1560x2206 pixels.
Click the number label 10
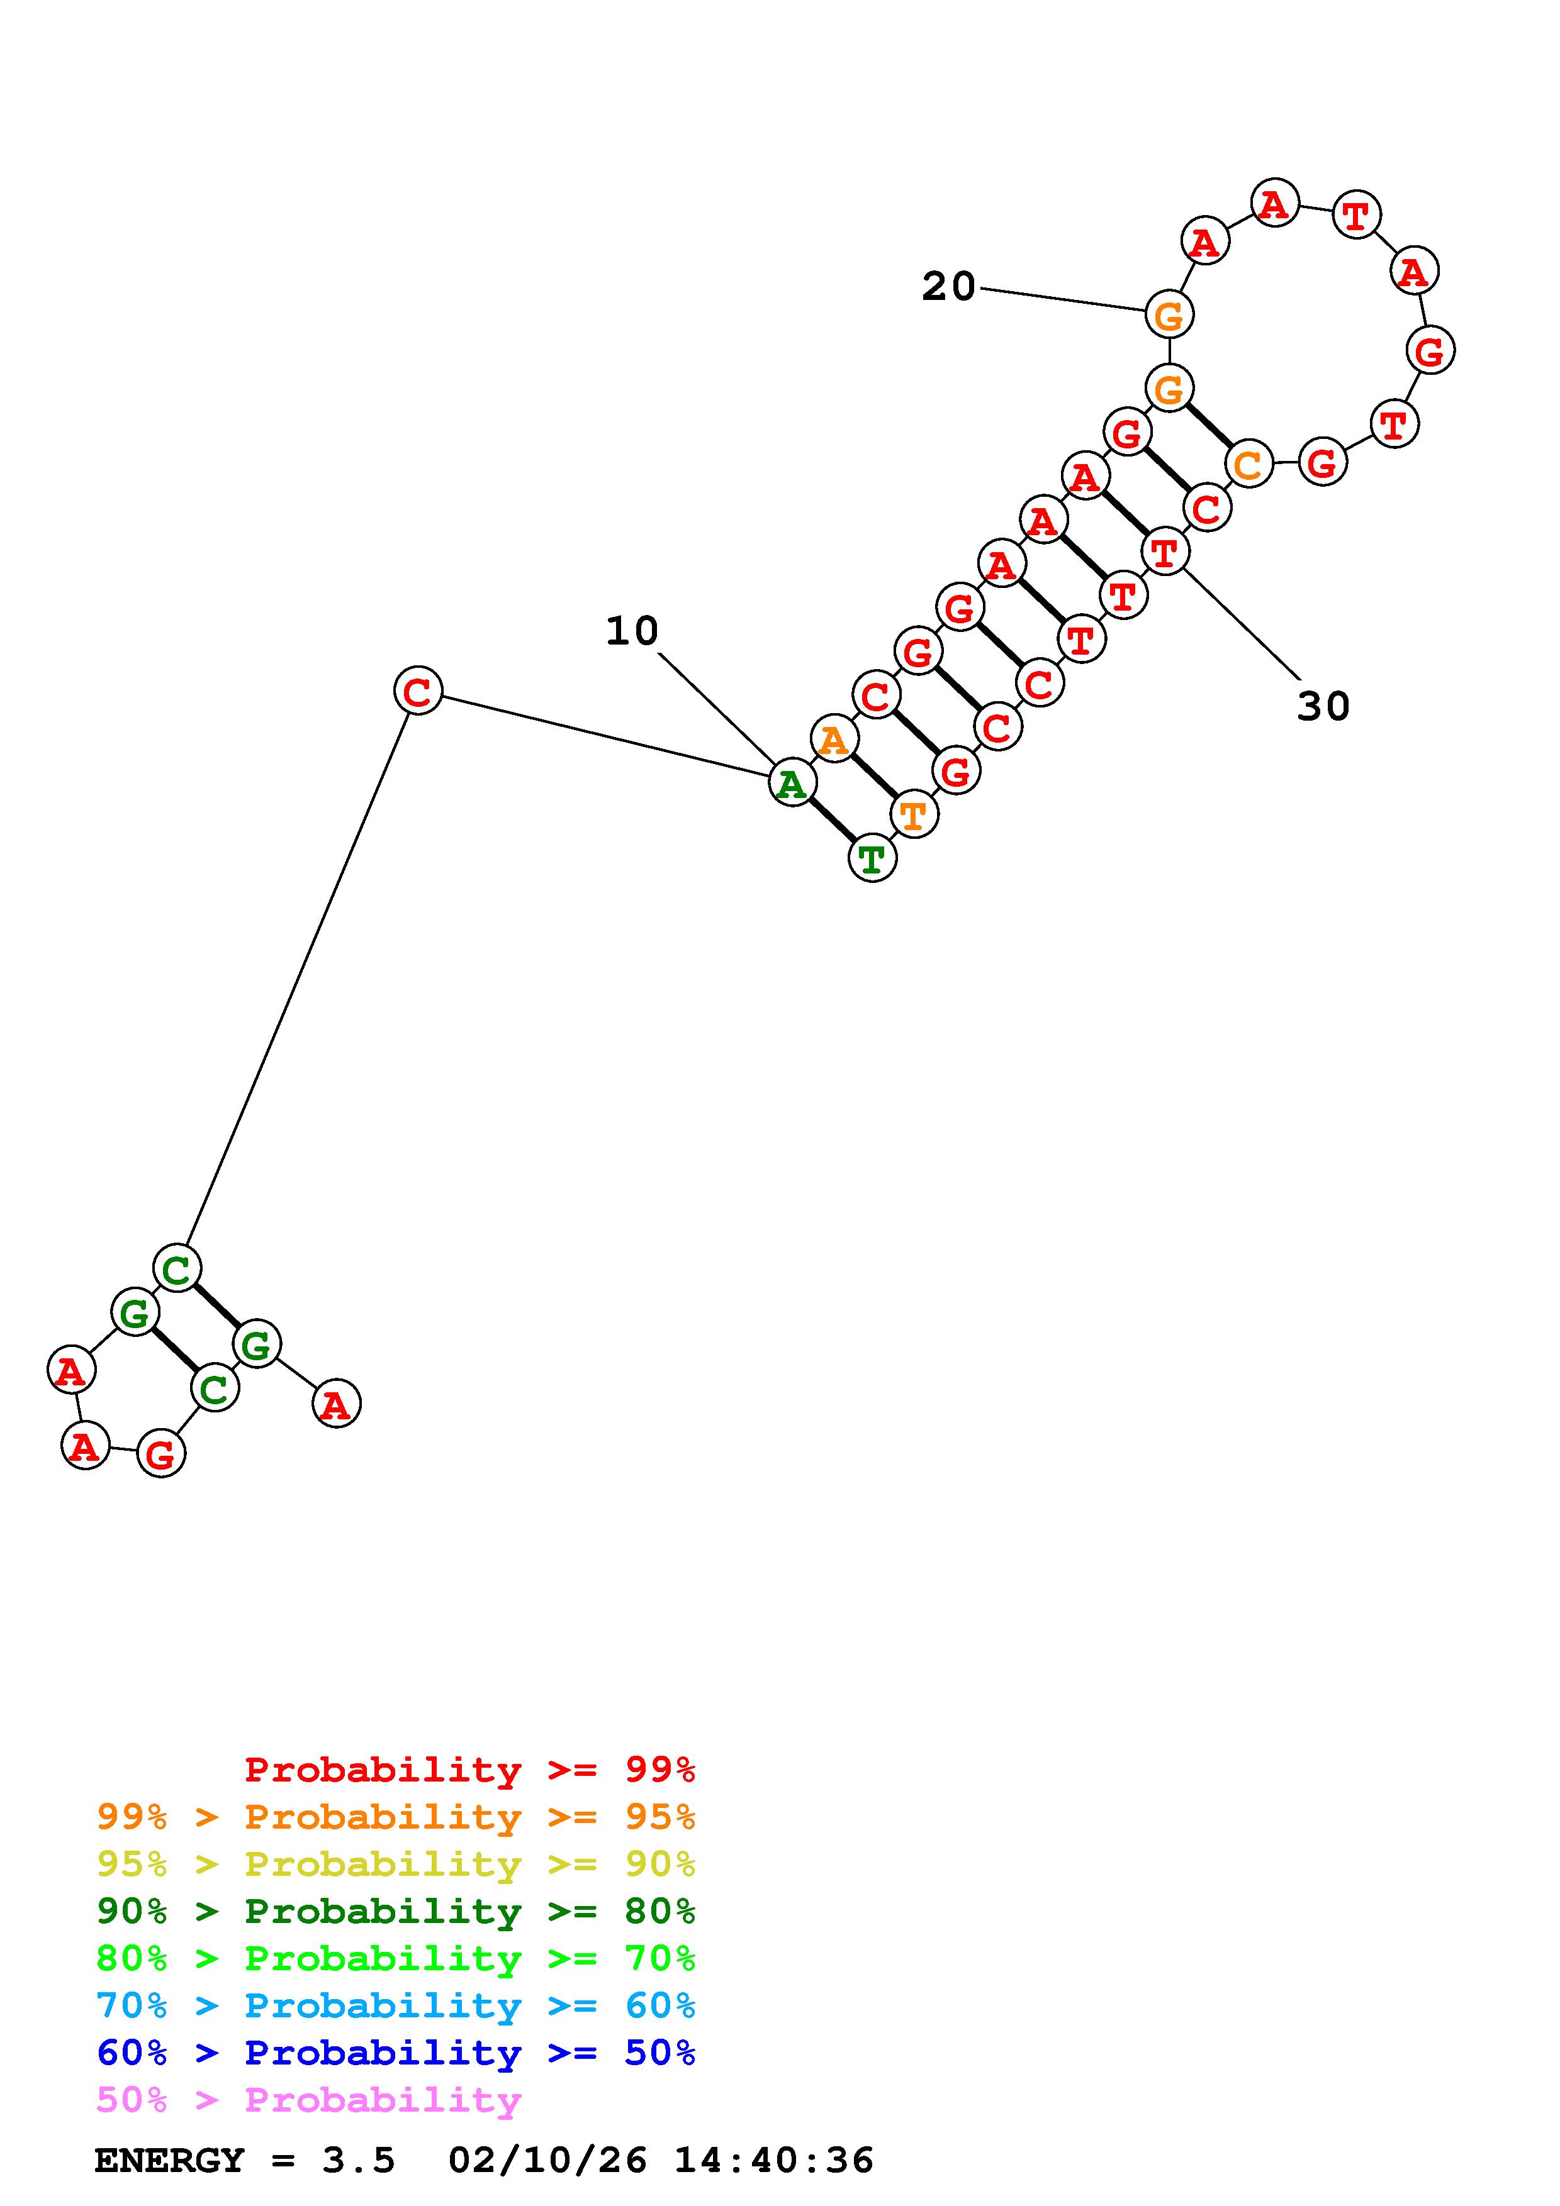632,631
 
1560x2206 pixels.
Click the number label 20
949,286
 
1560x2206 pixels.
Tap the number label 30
1323,706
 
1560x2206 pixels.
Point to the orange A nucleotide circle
834,739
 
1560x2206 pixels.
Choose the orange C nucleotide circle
1248,465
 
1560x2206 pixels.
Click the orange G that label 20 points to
1169,314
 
